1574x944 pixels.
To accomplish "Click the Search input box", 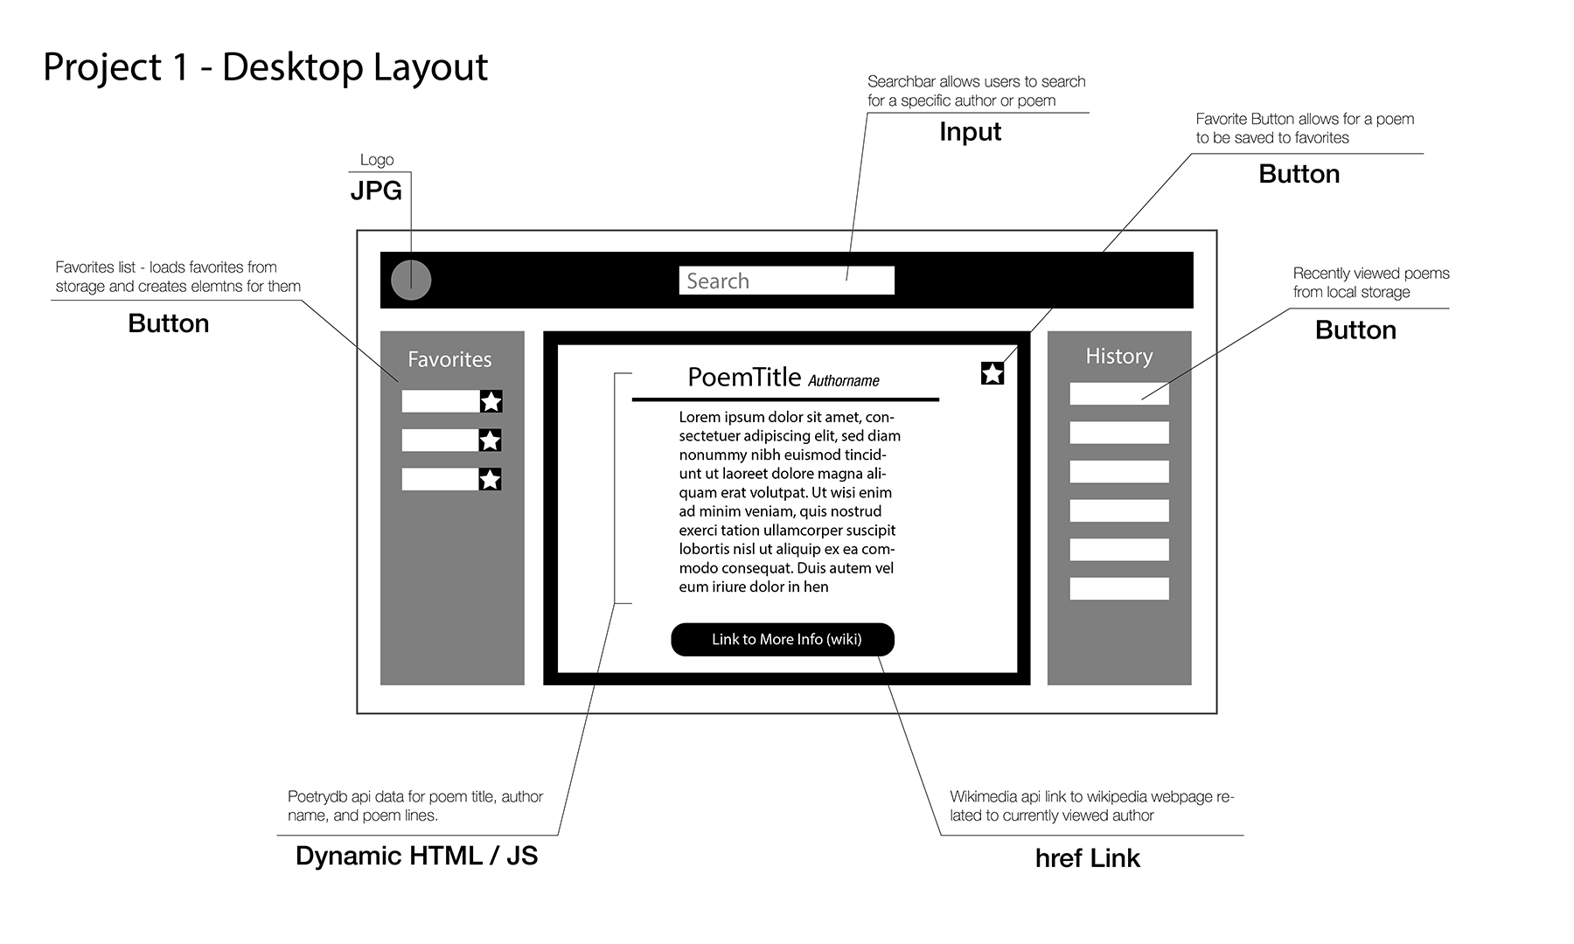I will (x=786, y=281).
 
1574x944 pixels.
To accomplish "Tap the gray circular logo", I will (x=411, y=281).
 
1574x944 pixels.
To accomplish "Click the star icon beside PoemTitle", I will (x=992, y=373).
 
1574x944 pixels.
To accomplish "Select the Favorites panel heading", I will (x=449, y=359).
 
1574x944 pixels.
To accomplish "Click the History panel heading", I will (x=1118, y=356).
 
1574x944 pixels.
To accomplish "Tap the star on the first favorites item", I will (x=491, y=401).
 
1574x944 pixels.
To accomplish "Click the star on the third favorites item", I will (x=491, y=479).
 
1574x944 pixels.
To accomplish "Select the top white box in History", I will (x=1118, y=393).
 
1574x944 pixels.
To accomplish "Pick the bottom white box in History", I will (x=1118, y=588).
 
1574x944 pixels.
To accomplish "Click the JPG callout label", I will (x=376, y=191).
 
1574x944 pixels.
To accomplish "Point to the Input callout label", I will (x=970, y=132).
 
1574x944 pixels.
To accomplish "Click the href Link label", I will (x=1087, y=858).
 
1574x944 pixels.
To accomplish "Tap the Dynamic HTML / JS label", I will (x=416, y=855).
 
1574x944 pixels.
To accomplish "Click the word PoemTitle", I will (x=744, y=377).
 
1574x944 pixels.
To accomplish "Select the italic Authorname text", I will (x=843, y=381).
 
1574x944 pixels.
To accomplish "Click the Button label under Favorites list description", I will (x=168, y=323).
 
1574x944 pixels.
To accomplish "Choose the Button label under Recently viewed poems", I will (x=1355, y=330).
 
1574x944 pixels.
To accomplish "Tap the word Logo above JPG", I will (x=377, y=160).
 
